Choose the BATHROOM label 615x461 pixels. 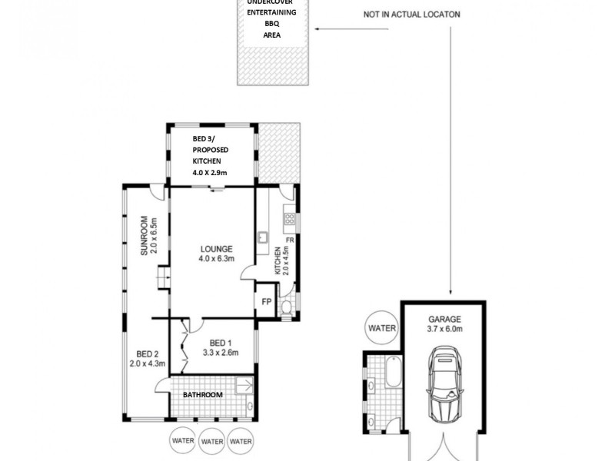point(202,395)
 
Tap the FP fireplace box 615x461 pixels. point(267,303)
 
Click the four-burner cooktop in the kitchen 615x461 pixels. point(291,219)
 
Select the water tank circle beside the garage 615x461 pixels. point(381,328)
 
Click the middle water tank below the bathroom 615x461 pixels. point(211,441)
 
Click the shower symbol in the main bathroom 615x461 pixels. point(244,386)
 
